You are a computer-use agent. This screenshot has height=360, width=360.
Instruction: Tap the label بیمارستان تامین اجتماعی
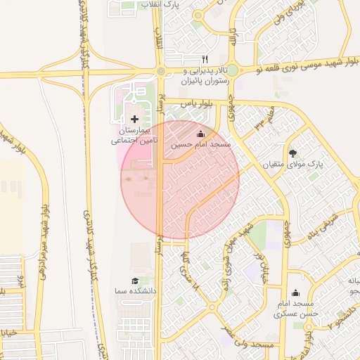[x=136, y=136]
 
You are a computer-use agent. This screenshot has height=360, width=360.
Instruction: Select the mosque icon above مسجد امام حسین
[x=200, y=133]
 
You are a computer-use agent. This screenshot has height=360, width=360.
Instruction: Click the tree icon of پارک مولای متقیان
[x=292, y=153]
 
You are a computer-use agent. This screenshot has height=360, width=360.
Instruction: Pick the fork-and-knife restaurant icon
[x=205, y=59]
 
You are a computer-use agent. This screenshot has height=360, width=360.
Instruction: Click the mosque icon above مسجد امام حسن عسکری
[x=295, y=293]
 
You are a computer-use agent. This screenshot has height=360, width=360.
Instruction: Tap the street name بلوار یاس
[x=196, y=103]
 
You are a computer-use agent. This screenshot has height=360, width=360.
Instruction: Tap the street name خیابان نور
[x=263, y=263]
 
